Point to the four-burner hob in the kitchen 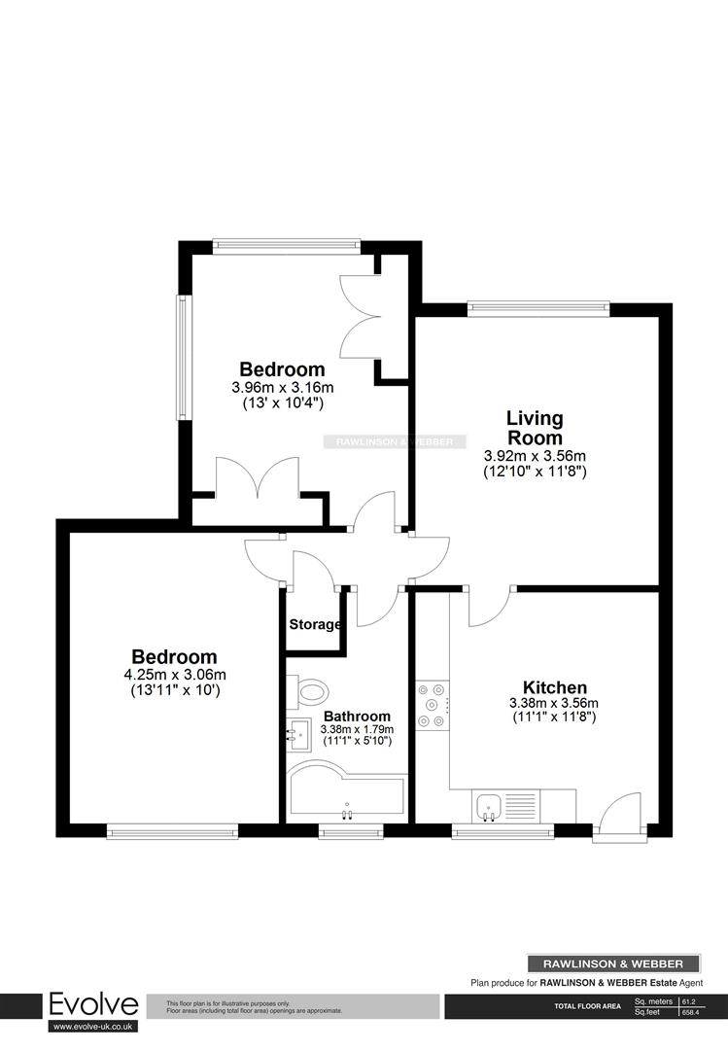pos(433,705)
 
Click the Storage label pos(314,624)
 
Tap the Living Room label pos(535,428)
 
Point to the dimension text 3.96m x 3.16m pos(282,387)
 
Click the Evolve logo pos(94,1004)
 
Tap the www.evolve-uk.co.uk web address pos(94,1026)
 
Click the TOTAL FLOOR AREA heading pos(587,1006)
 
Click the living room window pos(537,309)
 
